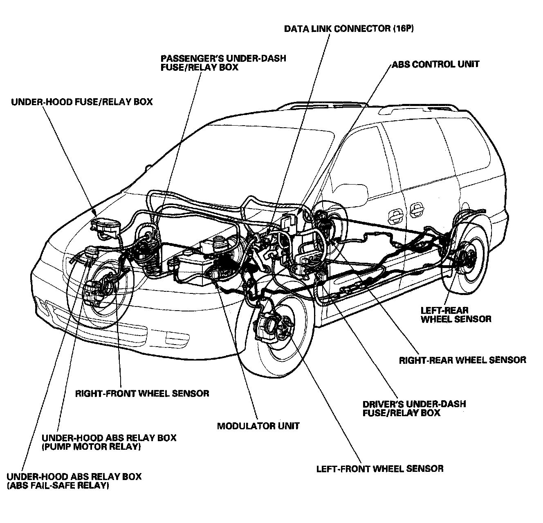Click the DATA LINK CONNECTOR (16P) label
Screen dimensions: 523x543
point(352,29)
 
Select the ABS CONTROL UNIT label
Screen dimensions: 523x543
point(435,64)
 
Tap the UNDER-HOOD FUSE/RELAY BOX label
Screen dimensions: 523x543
point(82,101)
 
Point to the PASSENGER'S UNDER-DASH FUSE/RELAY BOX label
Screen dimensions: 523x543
point(223,63)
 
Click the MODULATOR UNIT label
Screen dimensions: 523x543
point(258,426)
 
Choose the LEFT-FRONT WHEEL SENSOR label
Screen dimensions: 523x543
point(380,469)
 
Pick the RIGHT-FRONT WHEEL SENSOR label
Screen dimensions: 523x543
point(142,394)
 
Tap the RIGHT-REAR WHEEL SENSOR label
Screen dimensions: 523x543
point(462,360)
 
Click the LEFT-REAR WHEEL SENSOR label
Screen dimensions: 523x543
point(456,315)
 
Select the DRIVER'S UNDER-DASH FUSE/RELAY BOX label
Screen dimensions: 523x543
point(414,408)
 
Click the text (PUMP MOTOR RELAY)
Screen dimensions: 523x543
point(91,446)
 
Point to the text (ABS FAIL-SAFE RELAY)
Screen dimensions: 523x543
point(58,486)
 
